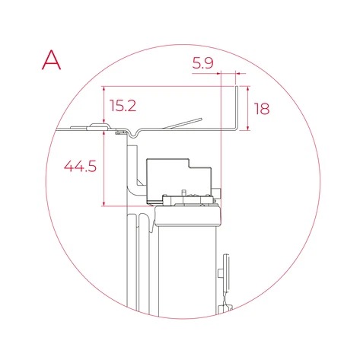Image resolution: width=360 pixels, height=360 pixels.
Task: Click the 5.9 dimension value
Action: tap(202, 64)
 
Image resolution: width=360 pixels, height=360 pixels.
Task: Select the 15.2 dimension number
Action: tap(123, 106)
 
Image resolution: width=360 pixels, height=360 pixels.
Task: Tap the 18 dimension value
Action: tap(261, 109)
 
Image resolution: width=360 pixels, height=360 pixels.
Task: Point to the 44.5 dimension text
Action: tap(81, 166)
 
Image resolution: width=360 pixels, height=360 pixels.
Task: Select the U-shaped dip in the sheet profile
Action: tap(134, 133)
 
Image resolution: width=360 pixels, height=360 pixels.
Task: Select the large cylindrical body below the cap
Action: tap(186, 274)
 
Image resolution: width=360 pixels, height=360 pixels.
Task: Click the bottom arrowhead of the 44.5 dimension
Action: tap(103, 203)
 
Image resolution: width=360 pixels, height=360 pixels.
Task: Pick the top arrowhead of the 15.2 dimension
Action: tap(103, 88)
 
